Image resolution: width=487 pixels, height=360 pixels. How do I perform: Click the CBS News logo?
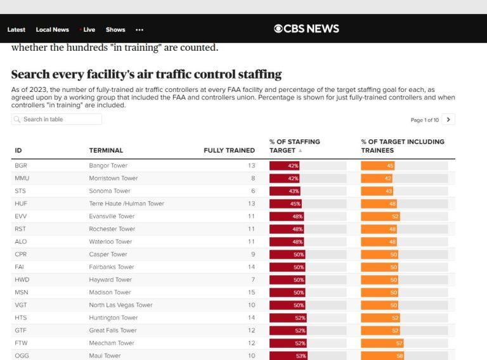point(306,29)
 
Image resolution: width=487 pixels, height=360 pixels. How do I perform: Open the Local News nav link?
point(52,30)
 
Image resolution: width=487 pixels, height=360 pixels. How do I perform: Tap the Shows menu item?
point(115,30)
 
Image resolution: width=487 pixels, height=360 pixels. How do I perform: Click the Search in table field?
point(57,119)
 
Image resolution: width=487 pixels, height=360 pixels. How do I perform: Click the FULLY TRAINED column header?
point(229,150)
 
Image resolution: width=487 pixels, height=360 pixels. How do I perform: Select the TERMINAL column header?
point(106,150)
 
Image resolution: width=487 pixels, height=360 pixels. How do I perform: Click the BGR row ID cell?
point(20,165)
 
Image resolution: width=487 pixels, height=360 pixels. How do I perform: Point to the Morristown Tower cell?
point(113,178)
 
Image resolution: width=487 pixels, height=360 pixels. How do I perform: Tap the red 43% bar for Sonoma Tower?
point(285,191)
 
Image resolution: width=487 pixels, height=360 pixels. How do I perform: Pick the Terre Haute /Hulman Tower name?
point(126,203)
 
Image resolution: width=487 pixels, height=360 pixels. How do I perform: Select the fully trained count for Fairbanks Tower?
point(251,267)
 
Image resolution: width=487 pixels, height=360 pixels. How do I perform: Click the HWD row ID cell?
point(22,280)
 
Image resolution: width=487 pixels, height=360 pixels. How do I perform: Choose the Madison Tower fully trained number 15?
point(251,292)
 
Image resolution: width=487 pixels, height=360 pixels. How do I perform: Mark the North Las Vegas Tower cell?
point(120,305)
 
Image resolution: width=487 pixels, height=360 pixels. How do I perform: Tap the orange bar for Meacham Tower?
point(382,343)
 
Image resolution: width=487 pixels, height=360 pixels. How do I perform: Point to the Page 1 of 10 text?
point(425,120)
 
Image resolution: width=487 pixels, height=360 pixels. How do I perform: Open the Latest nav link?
point(16,30)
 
